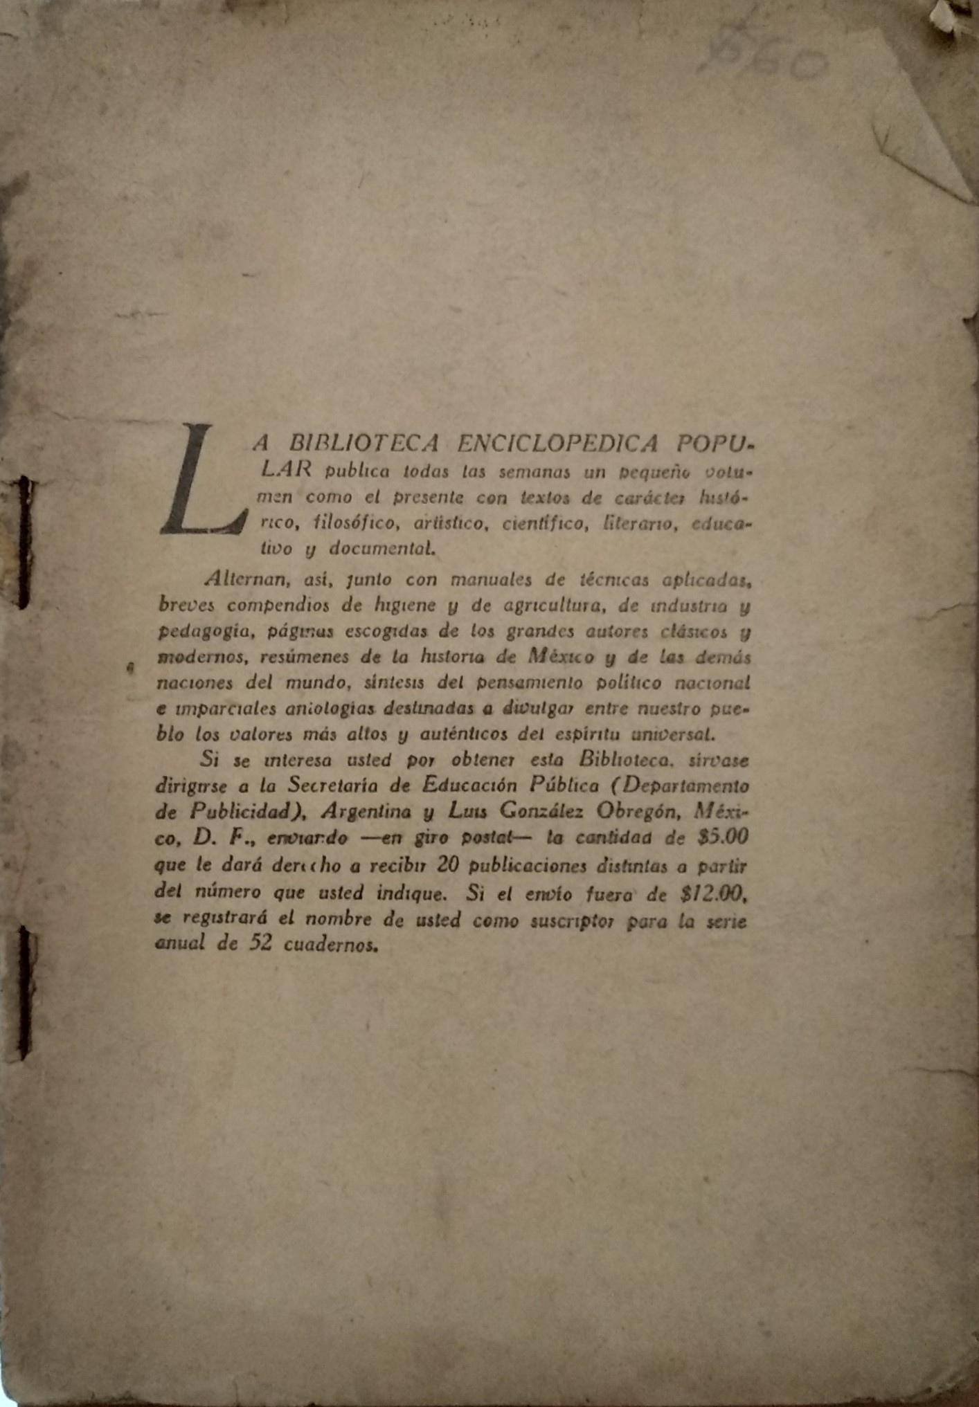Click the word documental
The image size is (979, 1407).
click(x=383, y=549)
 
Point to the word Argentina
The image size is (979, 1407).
click(x=367, y=810)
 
